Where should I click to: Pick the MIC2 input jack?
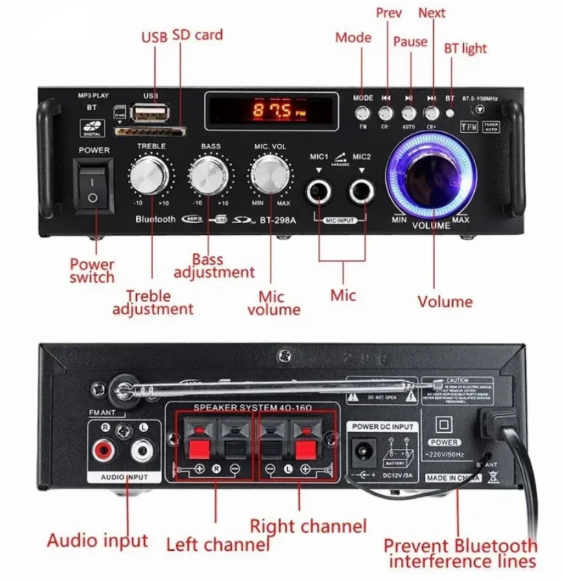[361, 193]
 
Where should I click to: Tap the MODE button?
[363, 112]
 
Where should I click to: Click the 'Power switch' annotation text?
[93, 271]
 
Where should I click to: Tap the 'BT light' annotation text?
[465, 49]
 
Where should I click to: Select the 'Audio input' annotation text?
[97, 540]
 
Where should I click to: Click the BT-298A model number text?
[278, 219]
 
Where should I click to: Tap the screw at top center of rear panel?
[283, 354]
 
